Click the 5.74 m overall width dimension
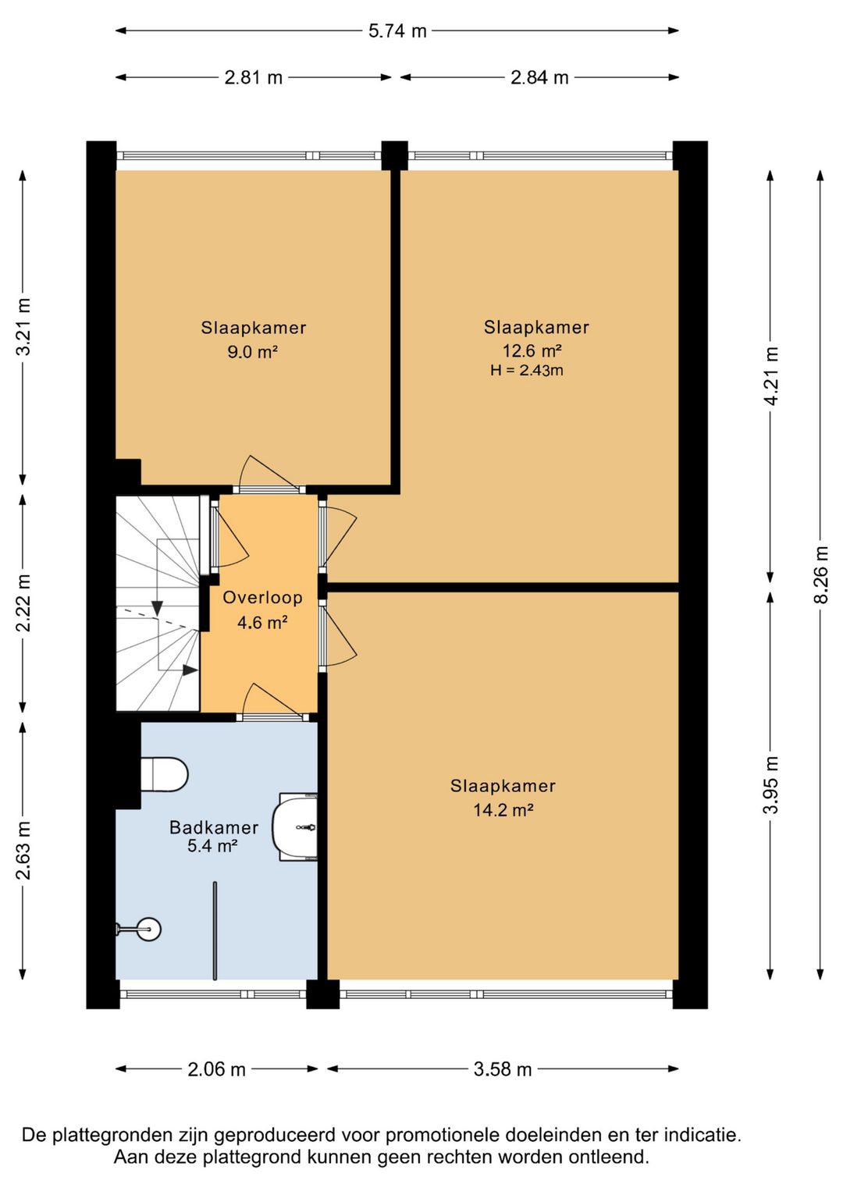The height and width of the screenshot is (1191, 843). point(398,31)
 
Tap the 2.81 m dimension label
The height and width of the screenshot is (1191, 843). point(253,77)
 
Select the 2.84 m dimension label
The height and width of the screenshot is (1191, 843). point(539,77)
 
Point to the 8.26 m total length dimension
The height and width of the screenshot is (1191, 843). point(822,574)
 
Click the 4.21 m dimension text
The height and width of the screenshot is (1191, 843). point(772,376)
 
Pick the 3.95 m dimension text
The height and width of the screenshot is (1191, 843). point(772,785)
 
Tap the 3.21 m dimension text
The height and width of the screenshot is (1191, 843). point(23,327)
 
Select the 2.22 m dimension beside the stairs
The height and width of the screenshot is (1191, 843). point(23,603)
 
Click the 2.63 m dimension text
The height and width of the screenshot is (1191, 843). point(23,850)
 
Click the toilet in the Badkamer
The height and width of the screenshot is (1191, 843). point(165,774)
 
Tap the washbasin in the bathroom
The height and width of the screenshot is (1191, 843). point(295,827)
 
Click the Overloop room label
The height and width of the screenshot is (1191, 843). point(262,598)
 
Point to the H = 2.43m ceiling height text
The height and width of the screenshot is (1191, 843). point(527,371)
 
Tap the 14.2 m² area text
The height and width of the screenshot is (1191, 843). point(503,810)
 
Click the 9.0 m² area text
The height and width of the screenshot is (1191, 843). point(253,352)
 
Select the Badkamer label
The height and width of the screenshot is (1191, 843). point(214,827)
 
